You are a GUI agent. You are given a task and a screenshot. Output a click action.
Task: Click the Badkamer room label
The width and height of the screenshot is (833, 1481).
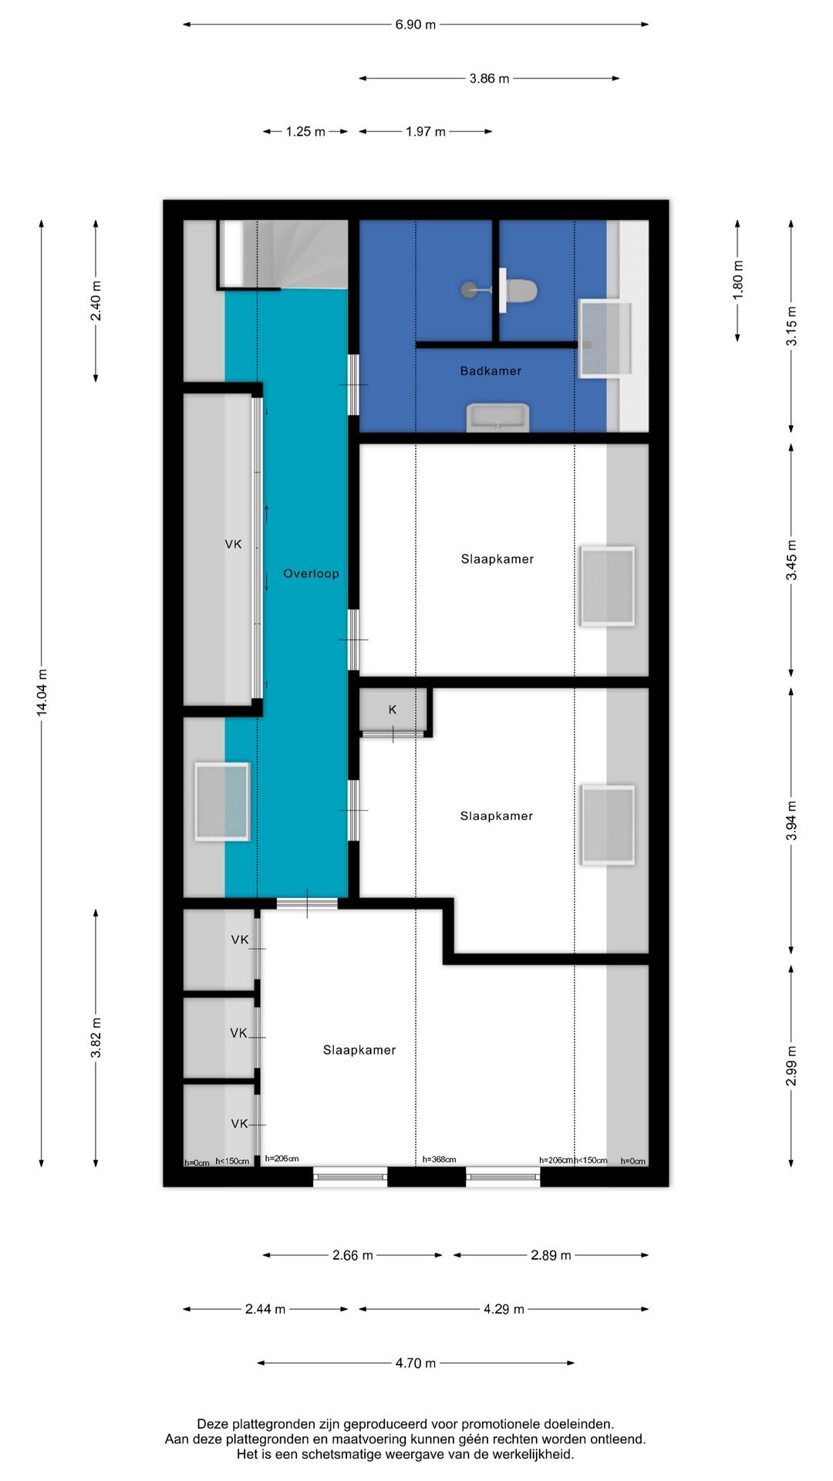[491, 371]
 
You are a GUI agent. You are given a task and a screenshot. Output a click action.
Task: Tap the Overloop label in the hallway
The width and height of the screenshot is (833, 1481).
[311, 573]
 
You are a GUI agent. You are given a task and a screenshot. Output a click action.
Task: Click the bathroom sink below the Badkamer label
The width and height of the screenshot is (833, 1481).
[498, 417]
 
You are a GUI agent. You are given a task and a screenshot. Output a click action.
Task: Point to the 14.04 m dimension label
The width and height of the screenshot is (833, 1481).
[42, 693]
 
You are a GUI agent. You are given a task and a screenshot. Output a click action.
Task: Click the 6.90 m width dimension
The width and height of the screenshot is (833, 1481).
[416, 25]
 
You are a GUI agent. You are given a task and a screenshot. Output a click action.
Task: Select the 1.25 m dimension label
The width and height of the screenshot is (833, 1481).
[305, 132]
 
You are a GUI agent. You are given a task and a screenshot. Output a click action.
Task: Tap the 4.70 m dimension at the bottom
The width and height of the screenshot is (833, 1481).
[416, 1363]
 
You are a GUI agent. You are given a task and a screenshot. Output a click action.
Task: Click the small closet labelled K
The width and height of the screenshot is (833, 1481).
[393, 710]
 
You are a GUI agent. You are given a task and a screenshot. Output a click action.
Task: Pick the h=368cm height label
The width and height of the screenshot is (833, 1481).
[439, 1159]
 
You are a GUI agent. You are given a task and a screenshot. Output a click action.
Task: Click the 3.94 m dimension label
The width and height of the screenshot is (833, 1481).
[791, 821]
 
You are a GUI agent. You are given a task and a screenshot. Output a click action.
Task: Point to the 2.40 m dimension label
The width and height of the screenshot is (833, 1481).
[96, 301]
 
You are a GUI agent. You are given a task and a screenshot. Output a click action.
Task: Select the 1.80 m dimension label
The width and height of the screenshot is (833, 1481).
[738, 280]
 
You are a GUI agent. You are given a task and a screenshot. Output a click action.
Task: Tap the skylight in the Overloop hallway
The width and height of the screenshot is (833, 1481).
[222, 801]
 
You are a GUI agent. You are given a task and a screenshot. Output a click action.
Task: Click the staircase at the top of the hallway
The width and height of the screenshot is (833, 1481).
[283, 254]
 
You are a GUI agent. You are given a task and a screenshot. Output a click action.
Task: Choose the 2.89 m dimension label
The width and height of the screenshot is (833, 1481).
[551, 1255]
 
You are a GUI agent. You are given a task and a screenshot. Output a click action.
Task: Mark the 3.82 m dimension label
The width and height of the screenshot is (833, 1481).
[96, 1037]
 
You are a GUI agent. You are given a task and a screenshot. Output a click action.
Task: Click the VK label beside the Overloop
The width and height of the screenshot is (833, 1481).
[233, 545]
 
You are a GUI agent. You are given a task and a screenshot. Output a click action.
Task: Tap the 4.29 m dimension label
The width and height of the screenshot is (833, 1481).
[504, 1309]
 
